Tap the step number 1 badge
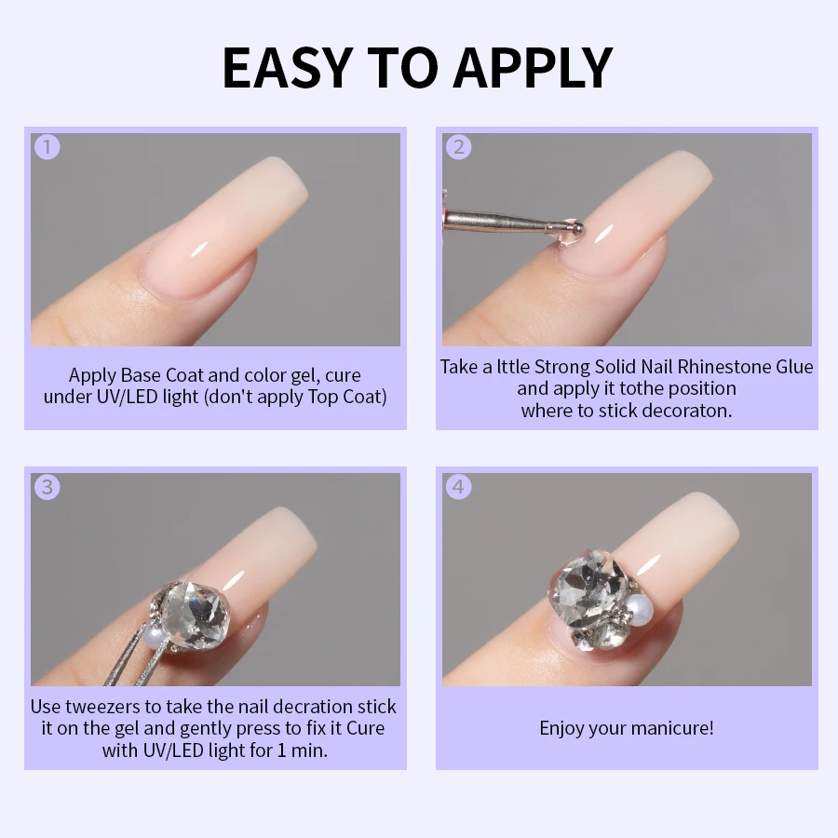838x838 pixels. tap(47, 147)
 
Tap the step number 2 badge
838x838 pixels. tap(458, 147)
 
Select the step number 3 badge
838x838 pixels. tap(47, 487)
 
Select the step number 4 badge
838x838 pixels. tap(458, 487)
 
